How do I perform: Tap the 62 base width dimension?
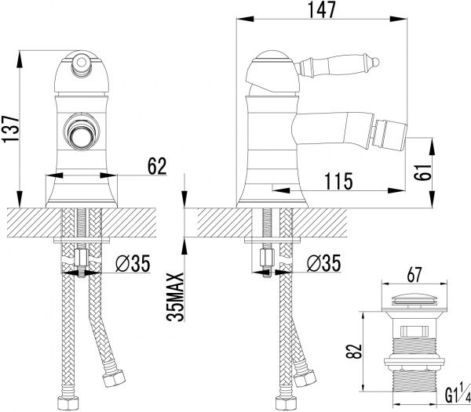point(156,165)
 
